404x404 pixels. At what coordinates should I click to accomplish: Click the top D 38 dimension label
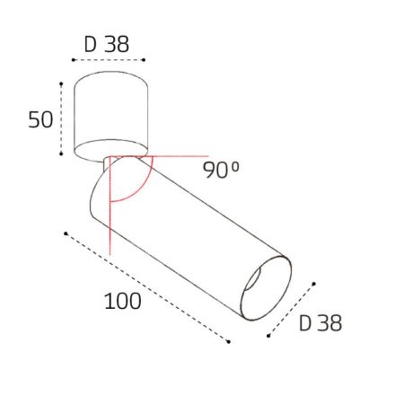[x=107, y=44]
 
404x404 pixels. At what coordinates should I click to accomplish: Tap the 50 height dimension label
[x=40, y=119]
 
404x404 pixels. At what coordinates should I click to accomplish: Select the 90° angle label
[x=221, y=170]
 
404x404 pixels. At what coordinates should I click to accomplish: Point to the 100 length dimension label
[x=123, y=301]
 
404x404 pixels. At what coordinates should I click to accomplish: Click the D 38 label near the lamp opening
[x=321, y=323]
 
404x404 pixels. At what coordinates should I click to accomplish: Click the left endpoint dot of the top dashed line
[x=74, y=60]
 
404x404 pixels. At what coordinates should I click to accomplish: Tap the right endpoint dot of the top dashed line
[x=144, y=60]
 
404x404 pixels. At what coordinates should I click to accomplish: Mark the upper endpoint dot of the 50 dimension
[x=61, y=83]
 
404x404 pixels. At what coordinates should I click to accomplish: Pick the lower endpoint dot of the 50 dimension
[x=61, y=154]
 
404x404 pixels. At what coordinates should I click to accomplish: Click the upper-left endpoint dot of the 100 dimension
[x=66, y=233]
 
